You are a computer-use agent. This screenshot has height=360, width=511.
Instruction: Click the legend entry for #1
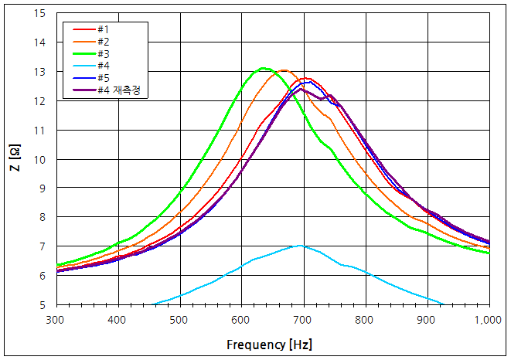[x=102, y=29]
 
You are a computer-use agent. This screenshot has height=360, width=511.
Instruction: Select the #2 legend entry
[x=102, y=41]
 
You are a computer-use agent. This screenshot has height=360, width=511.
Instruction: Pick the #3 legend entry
[x=102, y=53]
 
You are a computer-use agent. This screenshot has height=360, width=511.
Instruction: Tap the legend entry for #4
[x=102, y=66]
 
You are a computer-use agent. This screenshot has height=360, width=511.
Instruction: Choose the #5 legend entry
[x=102, y=78]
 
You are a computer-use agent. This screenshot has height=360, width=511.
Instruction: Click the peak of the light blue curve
[x=301, y=246]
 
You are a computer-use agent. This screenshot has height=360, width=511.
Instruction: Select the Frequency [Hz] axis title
[x=270, y=345]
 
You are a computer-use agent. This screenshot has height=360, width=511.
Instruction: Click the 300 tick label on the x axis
[x=56, y=319]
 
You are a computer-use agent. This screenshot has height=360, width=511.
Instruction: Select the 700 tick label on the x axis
[x=303, y=319]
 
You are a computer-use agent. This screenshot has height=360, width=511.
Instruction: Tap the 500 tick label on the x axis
[x=179, y=319]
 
